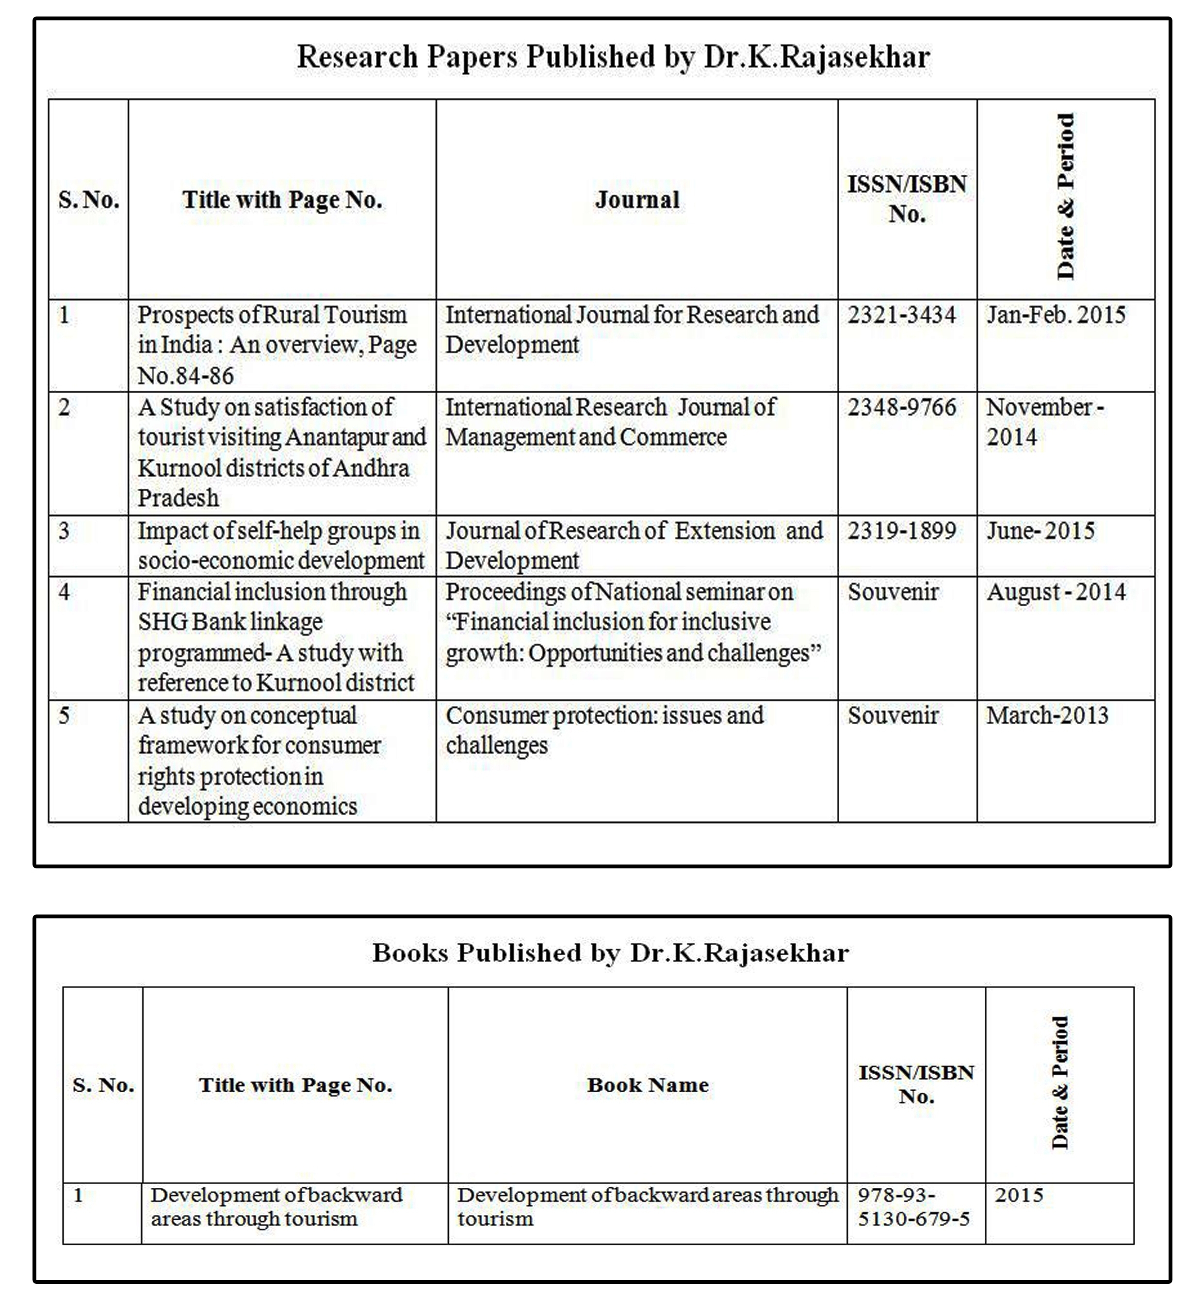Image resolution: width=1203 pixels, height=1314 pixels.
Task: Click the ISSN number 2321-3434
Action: (901, 316)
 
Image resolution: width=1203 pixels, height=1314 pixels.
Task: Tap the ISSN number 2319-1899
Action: (901, 531)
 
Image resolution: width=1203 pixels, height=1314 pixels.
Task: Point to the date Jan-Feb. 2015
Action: (1055, 316)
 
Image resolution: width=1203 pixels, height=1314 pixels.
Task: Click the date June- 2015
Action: (1040, 531)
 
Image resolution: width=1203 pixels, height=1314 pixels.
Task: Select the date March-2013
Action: (1047, 715)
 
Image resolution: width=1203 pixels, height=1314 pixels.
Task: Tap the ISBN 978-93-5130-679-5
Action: (912, 1207)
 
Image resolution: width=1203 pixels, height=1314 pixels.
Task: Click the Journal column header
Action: (636, 200)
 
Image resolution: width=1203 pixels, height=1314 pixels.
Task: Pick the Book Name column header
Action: (648, 1085)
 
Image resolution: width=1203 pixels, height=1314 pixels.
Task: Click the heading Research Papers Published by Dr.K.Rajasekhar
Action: (613, 57)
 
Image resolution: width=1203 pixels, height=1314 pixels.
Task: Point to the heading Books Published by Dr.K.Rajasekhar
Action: (610, 953)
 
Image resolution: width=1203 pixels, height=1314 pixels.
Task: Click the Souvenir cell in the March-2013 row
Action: (893, 715)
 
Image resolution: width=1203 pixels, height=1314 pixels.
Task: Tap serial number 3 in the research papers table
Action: (64, 531)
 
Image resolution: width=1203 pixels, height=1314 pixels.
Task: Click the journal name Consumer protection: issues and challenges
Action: (604, 730)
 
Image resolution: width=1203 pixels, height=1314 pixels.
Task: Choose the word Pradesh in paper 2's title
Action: (178, 499)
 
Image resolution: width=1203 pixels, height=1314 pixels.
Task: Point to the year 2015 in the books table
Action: (1019, 1196)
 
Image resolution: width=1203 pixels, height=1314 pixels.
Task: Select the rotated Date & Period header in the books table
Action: (1060, 1082)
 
